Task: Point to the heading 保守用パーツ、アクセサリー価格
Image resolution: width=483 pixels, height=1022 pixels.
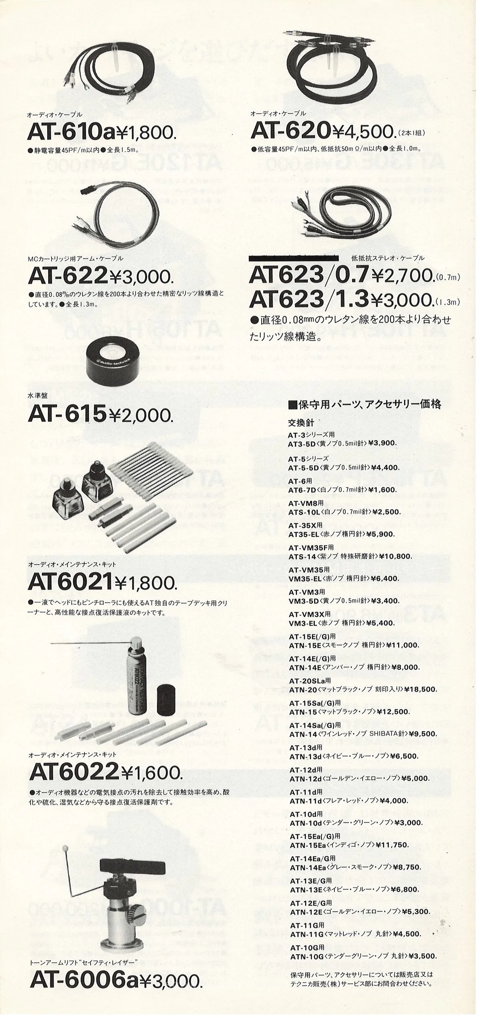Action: click(365, 404)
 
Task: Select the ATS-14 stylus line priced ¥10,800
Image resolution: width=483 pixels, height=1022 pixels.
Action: click(350, 557)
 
